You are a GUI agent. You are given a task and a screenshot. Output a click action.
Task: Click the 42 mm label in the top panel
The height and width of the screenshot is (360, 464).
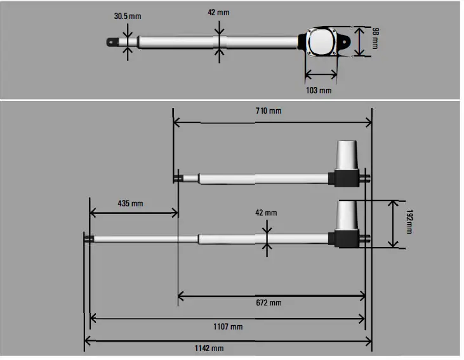point(219,11)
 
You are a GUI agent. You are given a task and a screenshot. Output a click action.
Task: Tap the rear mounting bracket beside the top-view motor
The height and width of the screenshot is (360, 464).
point(345,42)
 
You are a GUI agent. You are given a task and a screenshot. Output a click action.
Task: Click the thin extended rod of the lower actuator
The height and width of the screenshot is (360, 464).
point(146,239)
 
